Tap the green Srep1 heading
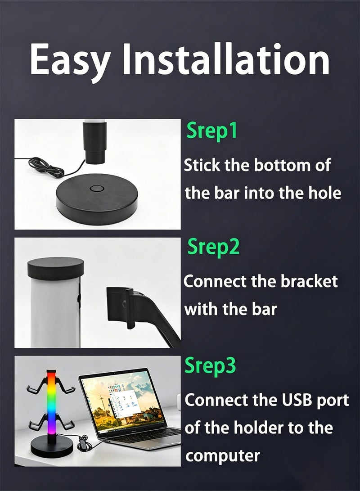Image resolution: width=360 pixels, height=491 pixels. click(211, 130)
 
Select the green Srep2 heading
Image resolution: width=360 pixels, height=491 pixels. click(213, 247)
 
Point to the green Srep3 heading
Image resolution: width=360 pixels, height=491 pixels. click(210, 365)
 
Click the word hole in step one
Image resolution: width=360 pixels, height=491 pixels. click(325, 193)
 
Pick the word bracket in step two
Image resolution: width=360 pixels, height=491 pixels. click(309, 281)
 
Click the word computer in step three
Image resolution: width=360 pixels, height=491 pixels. click(223, 456)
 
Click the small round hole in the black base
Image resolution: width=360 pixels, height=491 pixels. click(96, 189)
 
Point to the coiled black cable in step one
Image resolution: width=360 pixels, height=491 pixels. click(47, 167)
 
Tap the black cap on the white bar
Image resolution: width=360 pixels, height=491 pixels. click(56, 268)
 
